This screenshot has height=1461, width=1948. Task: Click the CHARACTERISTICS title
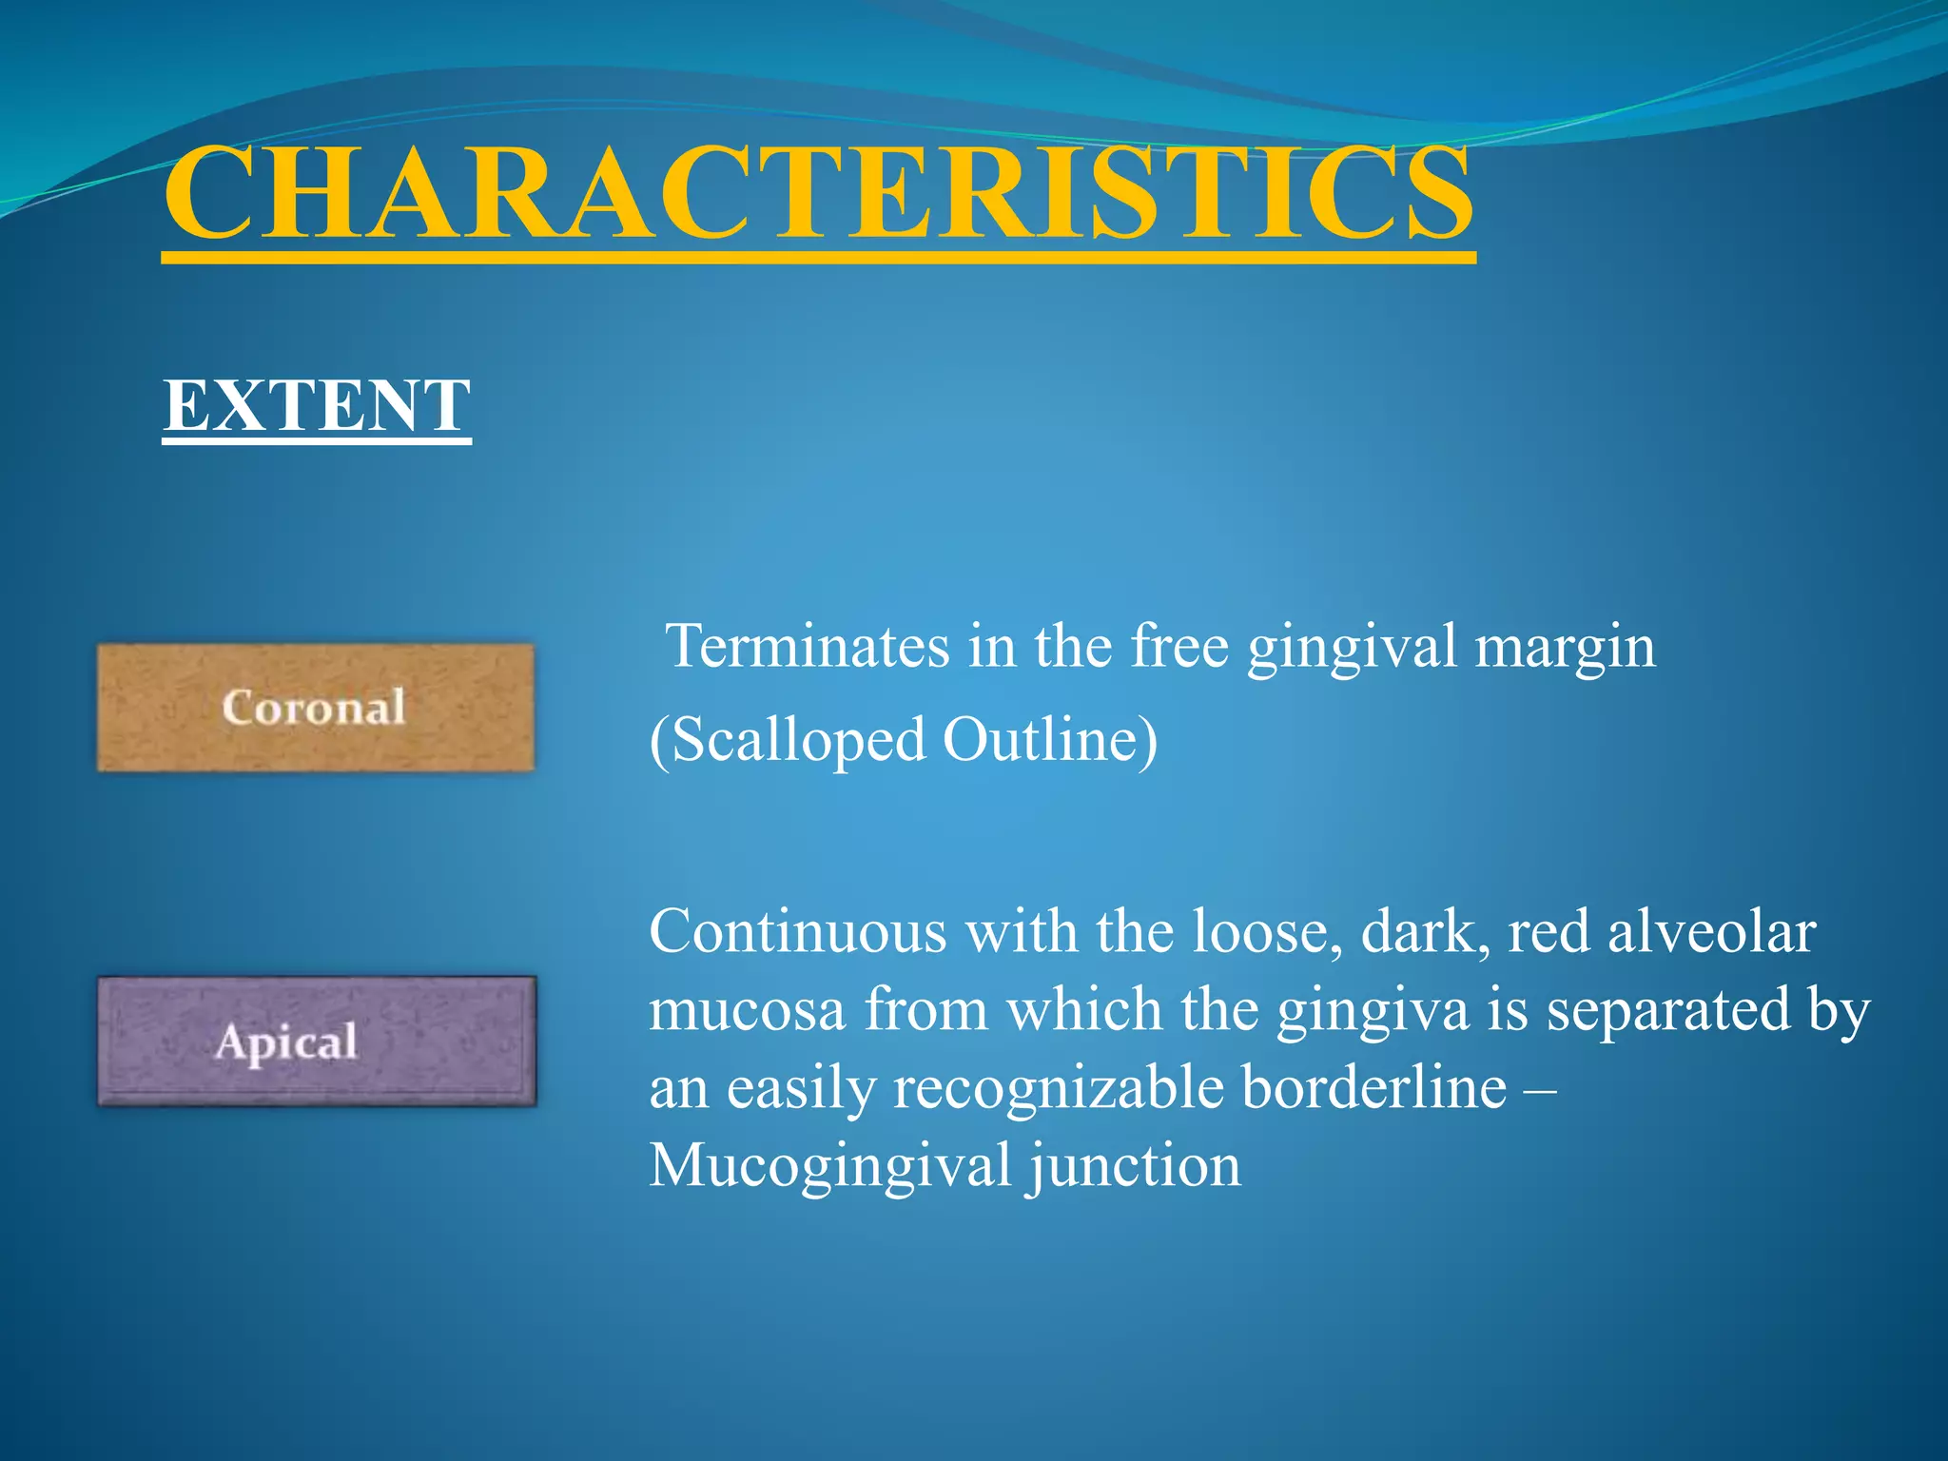[818, 195]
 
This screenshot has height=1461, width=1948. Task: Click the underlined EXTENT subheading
[317, 406]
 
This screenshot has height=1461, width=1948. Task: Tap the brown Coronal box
[316, 708]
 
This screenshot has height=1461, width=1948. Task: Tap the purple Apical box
[317, 1041]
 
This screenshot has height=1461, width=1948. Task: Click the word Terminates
[808, 647]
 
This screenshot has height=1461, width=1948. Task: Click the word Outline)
[1050, 741]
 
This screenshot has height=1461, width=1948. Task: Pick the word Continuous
[797, 931]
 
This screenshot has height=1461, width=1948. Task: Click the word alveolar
[1711, 931]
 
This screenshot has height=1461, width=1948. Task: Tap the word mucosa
[747, 1009]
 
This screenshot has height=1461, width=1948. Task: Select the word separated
[1668, 1009]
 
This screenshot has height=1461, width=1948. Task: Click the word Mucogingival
[829, 1166]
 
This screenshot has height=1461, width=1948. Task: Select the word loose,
[1267, 931]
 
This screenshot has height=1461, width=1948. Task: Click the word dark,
[1425, 931]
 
